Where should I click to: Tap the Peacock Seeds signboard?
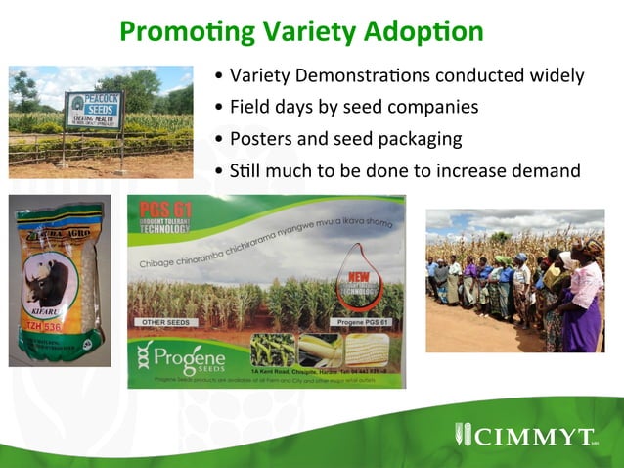pyautogui.click(x=95, y=110)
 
